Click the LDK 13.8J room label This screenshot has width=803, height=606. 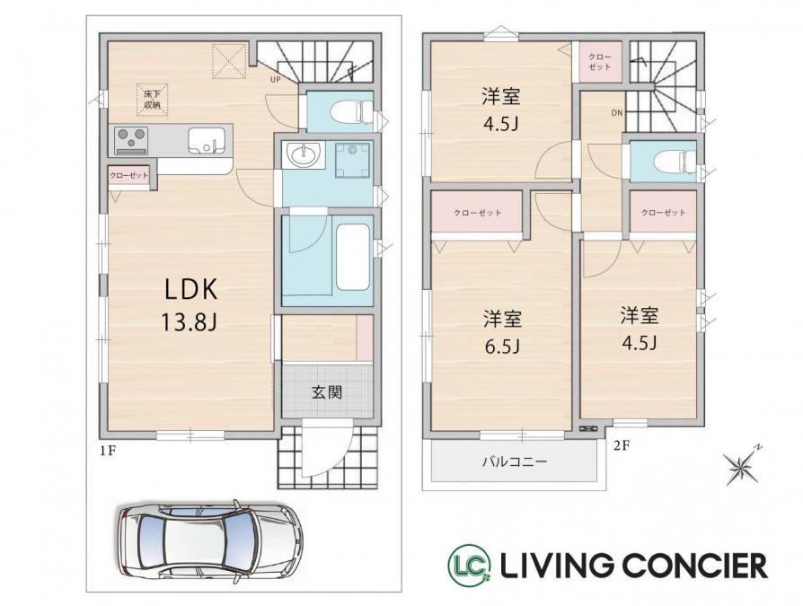191,305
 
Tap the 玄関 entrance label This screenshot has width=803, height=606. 327,392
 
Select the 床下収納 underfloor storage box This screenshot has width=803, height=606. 152,100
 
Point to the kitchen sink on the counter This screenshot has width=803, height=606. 206,140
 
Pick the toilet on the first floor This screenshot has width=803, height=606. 353,112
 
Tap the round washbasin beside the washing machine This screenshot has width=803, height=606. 304,154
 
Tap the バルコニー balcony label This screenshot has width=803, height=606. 515,462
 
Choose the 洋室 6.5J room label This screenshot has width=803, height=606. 502,333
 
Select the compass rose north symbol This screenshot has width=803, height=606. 742,464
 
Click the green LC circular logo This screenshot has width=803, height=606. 469,565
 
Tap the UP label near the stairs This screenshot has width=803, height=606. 276,79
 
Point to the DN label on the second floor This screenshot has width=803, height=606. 617,113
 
